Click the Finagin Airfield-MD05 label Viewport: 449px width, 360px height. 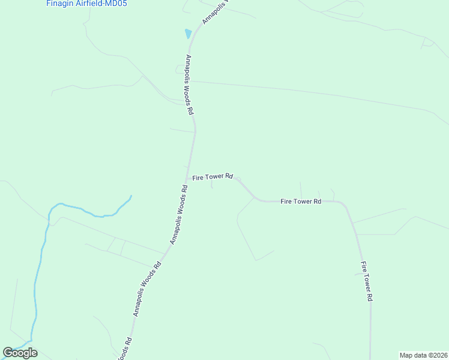point(86,4)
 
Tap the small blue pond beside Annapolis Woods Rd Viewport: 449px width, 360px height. point(188,34)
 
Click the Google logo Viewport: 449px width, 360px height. point(20,353)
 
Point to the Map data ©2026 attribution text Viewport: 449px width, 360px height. point(423,355)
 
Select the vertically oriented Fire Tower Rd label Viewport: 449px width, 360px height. point(367,281)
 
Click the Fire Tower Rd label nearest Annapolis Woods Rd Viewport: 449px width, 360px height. point(212,177)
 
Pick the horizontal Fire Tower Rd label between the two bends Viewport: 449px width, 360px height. point(301,201)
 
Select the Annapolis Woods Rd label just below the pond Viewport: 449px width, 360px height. point(189,85)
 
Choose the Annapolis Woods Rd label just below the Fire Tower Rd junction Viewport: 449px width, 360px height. point(178,214)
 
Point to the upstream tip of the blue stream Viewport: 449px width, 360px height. point(131,196)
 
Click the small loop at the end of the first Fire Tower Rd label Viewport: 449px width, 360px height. point(238,179)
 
